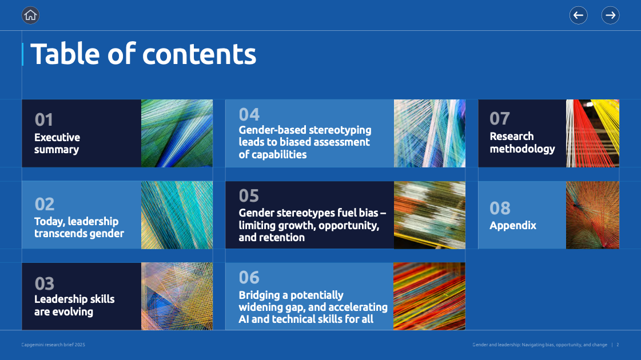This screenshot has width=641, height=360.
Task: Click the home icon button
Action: tap(30, 15)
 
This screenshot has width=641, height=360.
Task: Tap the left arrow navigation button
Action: tap(579, 15)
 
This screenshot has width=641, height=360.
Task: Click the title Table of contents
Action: tap(143, 54)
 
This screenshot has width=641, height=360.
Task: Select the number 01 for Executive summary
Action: tap(43, 120)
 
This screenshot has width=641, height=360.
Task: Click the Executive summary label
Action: tap(57, 143)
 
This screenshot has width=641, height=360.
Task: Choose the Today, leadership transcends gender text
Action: tap(79, 227)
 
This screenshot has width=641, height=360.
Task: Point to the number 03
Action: tap(44, 283)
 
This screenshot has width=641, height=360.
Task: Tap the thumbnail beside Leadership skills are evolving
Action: tap(177, 296)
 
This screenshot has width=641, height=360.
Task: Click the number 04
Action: tap(249, 115)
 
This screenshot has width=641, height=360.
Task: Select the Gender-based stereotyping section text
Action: tap(305, 142)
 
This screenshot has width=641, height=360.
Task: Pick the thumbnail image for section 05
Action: tap(429, 215)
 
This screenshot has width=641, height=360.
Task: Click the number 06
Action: tap(249, 278)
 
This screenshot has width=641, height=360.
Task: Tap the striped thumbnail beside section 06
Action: tap(429, 296)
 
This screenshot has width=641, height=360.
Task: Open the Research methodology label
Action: tap(523, 143)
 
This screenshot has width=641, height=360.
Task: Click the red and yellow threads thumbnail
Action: tap(593, 133)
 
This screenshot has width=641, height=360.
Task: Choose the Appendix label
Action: tap(513, 226)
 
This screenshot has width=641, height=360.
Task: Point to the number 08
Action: tap(500, 209)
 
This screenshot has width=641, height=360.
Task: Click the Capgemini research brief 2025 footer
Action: tap(53, 345)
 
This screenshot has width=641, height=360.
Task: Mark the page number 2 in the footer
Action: tap(618, 345)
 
